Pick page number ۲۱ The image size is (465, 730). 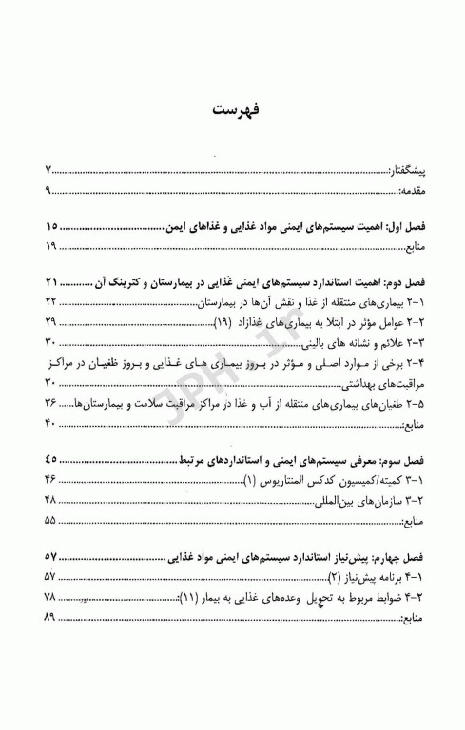[52, 281]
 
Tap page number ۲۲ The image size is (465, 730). [52, 301]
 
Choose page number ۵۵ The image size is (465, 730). [52, 521]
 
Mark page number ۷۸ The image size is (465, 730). [52, 597]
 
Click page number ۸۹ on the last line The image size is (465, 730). [52, 618]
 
